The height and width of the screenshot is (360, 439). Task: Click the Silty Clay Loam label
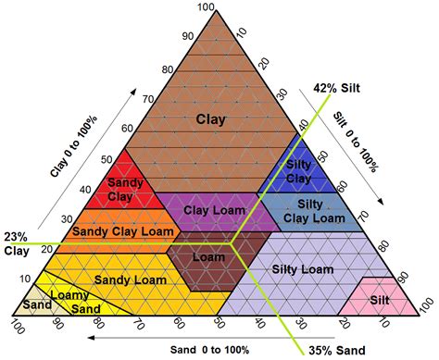click(x=310, y=210)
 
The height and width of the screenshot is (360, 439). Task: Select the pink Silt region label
click(x=381, y=299)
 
